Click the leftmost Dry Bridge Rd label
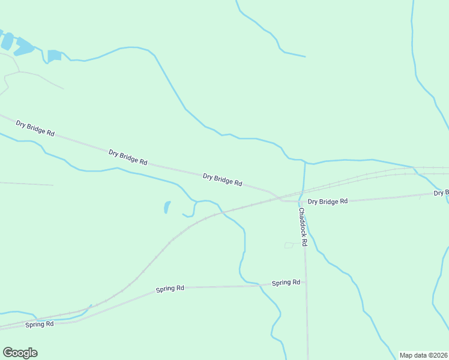click(35, 128)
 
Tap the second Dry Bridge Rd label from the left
click(128, 157)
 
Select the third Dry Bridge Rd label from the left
click(222, 179)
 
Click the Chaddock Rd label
click(303, 227)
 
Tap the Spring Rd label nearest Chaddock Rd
click(286, 283)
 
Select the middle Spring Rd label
click(170, 289)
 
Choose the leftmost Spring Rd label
click(40, 324)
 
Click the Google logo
click(20, 353)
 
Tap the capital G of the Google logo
click(7, 352)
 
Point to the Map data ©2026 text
click(423, 355)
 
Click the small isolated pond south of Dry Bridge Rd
click(166, 208)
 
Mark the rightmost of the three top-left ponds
click(54, 55)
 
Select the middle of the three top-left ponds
click(25, 46)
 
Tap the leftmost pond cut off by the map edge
click(7, 41)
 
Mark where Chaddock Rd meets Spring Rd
click(306, 281)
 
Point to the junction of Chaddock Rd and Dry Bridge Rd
click(298, 202)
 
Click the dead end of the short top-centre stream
click(305, 57)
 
